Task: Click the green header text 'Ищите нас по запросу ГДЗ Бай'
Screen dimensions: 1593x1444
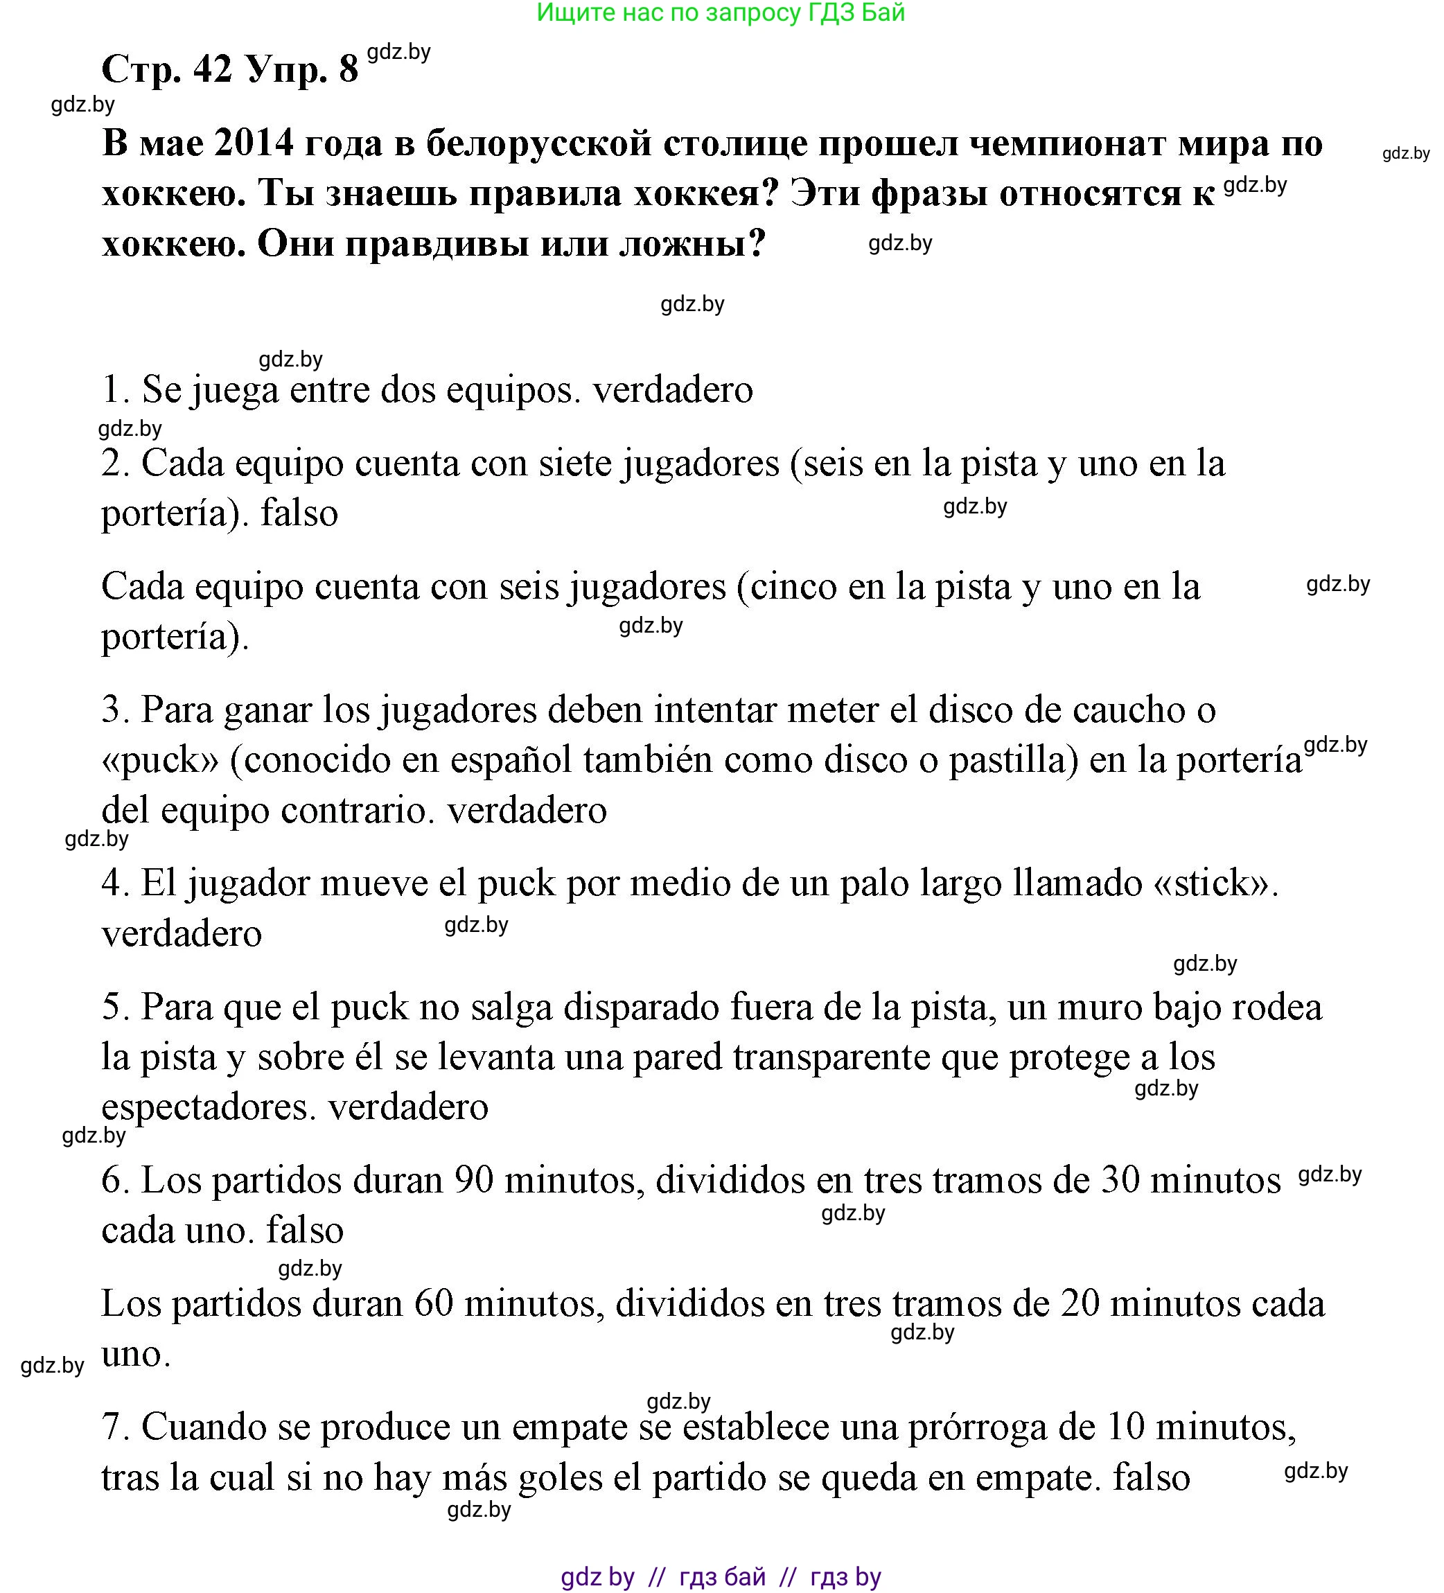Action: click(x=720, y=13)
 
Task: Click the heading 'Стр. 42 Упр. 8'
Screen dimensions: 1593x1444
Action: click(x=230, y=69)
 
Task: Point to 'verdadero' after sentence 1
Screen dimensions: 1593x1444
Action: click(x=673, y=390)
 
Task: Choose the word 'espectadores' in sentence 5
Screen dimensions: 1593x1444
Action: click(x=209, y=1107)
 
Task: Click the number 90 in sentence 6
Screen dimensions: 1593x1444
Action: click(x=474, y=1181)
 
